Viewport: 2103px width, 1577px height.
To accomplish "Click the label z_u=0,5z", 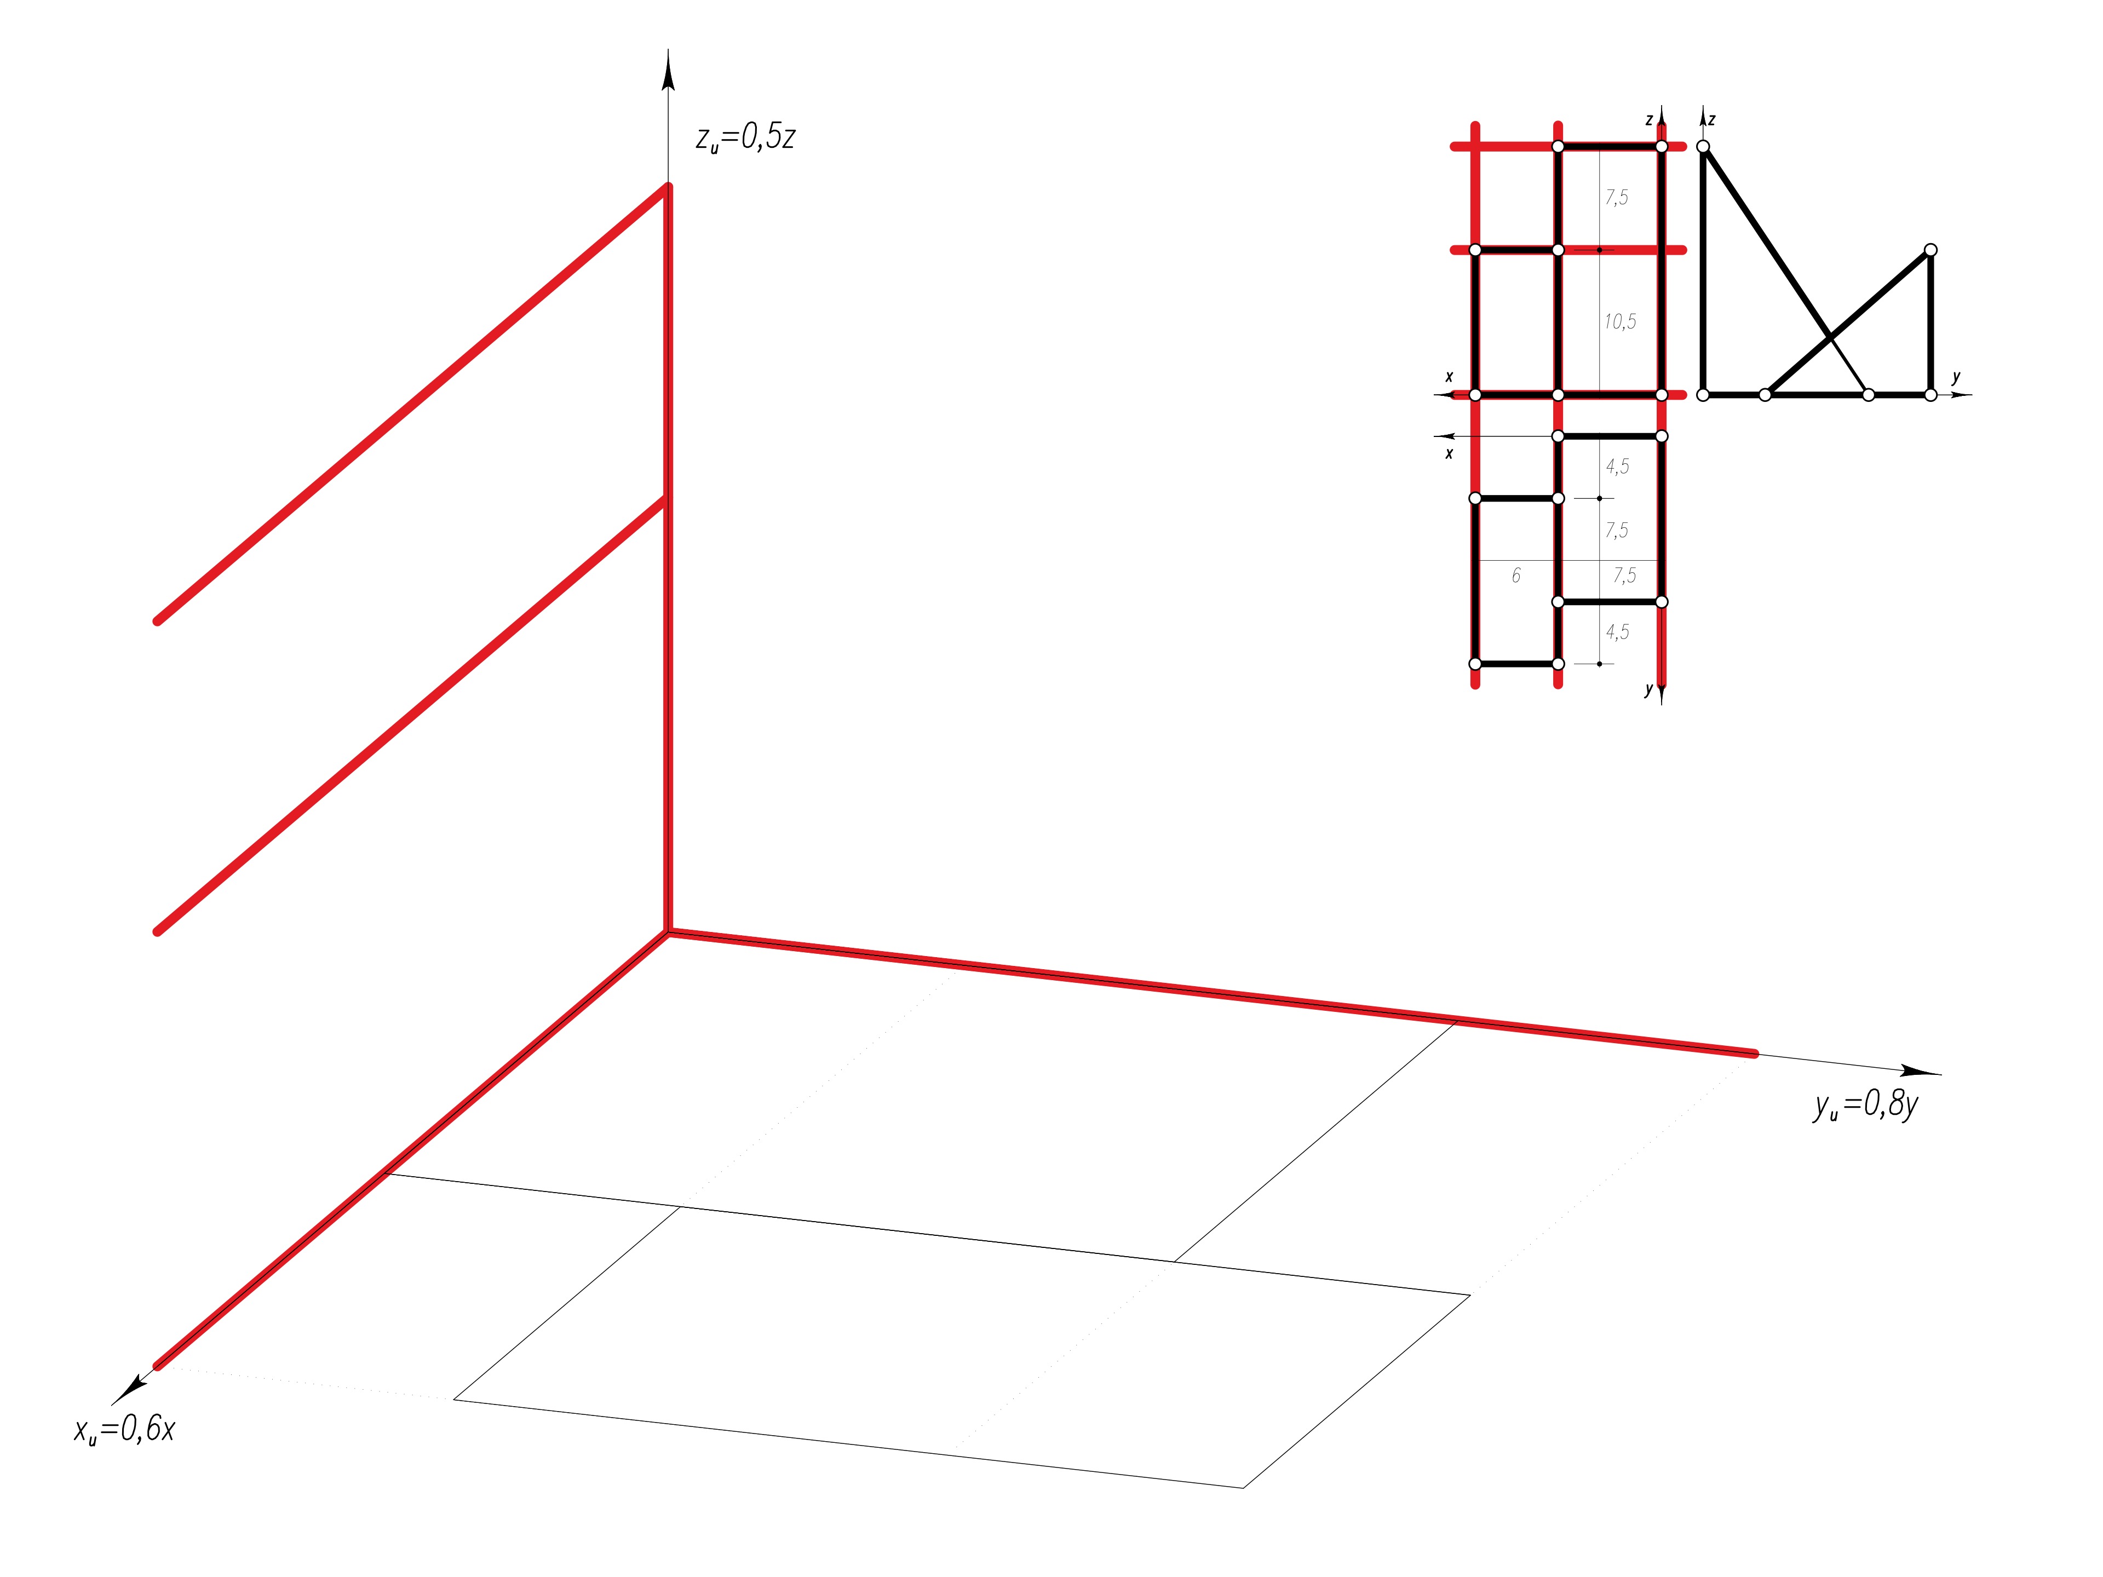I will [x=744, y=139].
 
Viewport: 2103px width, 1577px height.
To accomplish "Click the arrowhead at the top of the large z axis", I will [x=668, y=71].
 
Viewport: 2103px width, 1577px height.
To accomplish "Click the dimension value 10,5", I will [x=1620, y=322].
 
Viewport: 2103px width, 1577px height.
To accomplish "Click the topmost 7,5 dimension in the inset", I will [x=1616, y=198].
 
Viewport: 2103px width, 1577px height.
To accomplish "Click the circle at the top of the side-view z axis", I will [x=1703, y=146].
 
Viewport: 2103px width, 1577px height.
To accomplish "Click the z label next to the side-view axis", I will [x=1711, y=120].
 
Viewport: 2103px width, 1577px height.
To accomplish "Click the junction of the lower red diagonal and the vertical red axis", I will [x=668, y=499].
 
